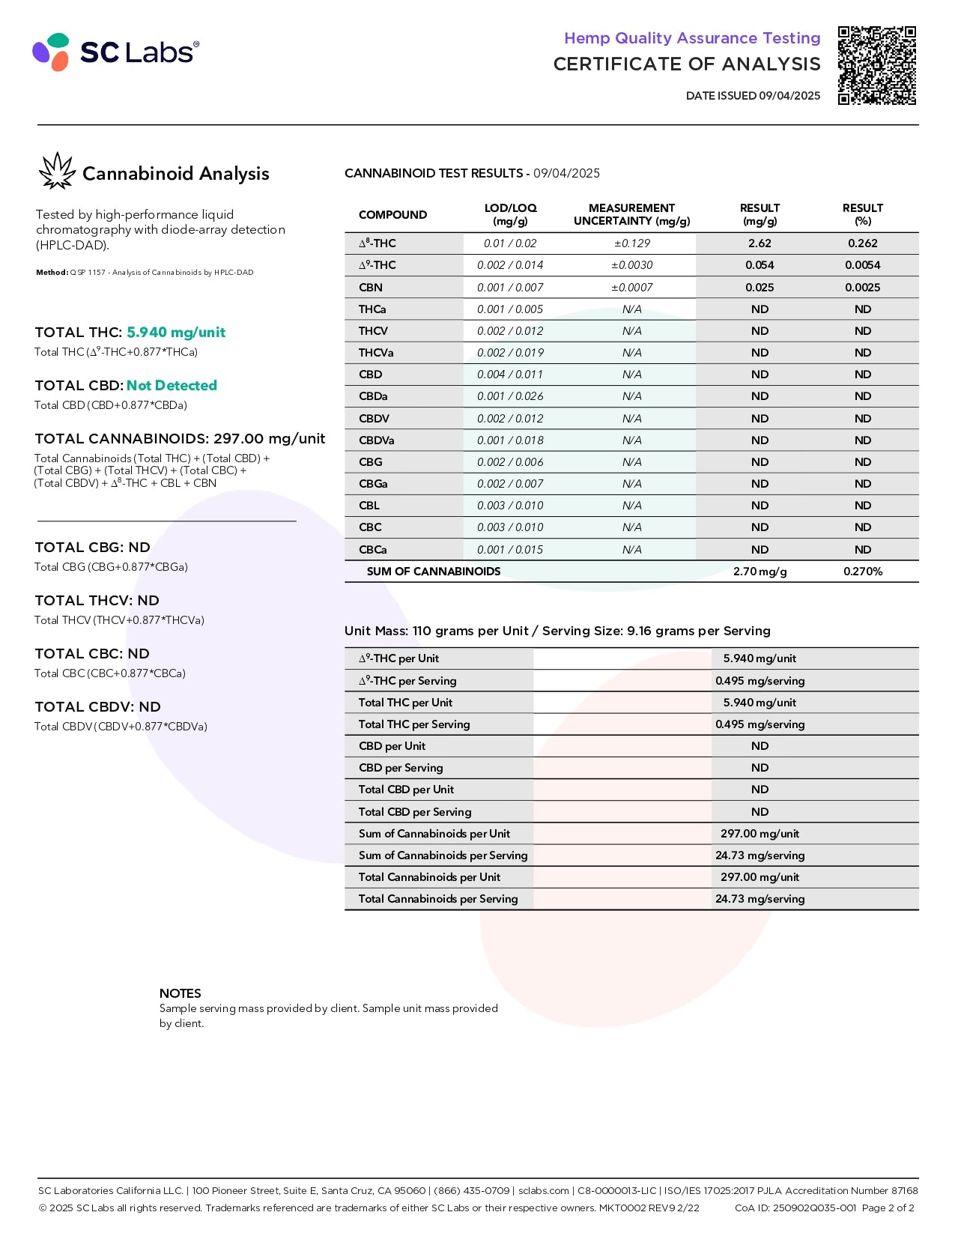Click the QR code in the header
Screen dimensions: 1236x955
point(876,65)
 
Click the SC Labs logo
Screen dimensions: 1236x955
point(115,52)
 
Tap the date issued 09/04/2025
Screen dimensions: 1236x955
point(753,96)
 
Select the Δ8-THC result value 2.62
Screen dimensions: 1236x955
point(760,243)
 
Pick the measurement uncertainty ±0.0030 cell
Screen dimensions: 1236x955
point(631,265)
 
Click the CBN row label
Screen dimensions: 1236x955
point(371,288)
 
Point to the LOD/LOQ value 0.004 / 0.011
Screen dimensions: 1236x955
point(510,375)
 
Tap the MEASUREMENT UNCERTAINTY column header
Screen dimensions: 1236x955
point(631,214)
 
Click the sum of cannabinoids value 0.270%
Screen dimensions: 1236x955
point(863,572)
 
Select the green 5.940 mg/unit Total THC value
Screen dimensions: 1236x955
point(176,333)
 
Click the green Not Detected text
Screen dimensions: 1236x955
point(172,386)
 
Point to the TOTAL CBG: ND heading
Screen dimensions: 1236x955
point(92,548)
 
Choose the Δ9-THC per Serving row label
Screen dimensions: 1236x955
point(407,681)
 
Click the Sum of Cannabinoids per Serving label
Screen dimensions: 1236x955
point(443,855)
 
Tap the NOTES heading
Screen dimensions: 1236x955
point(180,993)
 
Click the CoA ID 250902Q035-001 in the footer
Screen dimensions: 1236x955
point(795,1208)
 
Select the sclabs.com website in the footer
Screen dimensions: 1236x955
point(544,1190)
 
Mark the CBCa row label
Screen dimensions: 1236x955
point(373,550)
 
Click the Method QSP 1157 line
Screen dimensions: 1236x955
point(145,273)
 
